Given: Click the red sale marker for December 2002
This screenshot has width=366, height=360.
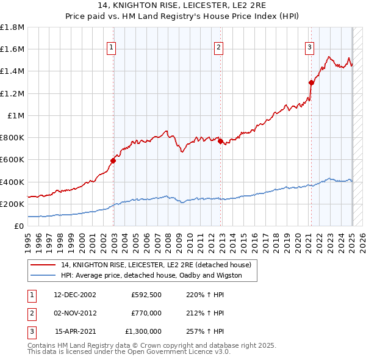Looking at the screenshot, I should (x=113, y=161).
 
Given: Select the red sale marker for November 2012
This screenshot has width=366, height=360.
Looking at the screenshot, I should (x=220, y=142).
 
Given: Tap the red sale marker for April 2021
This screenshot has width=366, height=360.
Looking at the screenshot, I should (x=311, y=82).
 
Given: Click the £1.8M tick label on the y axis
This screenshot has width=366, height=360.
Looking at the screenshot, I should (x=12, y=27).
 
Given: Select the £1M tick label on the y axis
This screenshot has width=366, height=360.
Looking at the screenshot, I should (x=16, y=116).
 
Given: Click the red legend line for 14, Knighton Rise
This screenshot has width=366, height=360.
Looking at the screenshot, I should (x=43, y=265).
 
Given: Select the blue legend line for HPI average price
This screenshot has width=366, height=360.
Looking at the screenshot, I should (x=43, y=275).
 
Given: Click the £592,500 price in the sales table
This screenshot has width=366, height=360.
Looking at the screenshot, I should (x=146, y=295).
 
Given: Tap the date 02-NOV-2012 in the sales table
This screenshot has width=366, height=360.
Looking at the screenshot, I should (x=75, y=313).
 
